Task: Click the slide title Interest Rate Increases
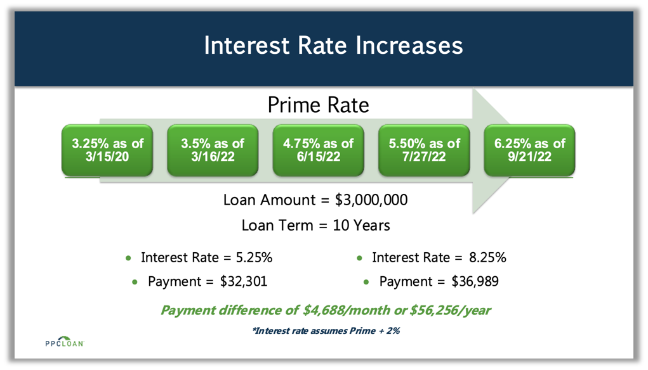pos(333,45)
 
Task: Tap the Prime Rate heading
pos(318,105)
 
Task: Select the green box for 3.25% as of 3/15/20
pos(107,150)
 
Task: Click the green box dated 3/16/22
pos(213,150)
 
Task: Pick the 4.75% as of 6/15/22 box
pos(318,150)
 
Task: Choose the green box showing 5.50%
pos(424,150)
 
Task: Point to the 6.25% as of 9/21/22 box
pos(529,150)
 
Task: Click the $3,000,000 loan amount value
pos(371,200)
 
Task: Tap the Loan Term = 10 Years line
pos(315,226)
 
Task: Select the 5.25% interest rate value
pos(254,257)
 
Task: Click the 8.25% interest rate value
pos(487,257)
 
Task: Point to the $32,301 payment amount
pos(244,282)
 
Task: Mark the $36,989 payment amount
pos(475,282)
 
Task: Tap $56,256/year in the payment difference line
pos(450,310)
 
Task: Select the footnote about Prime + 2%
pos(326,331)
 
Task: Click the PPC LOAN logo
pos(65,341)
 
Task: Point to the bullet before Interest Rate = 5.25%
pos(128,258)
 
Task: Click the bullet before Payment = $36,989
pos(366,283)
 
